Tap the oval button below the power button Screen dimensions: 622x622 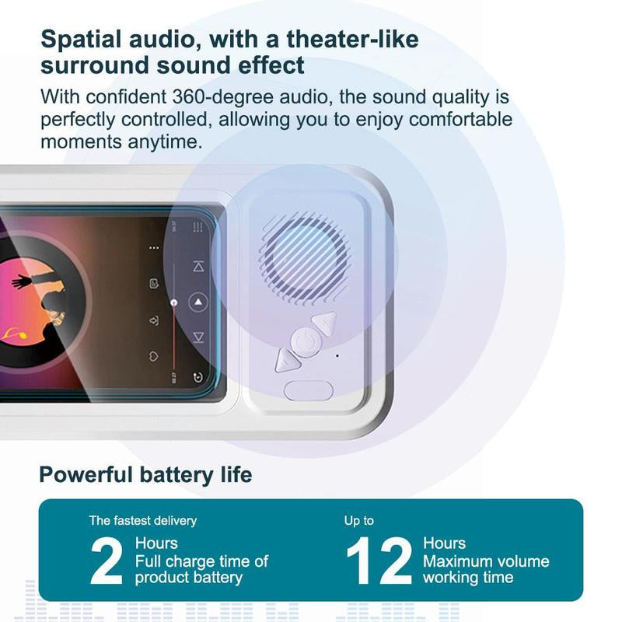pos(308,390)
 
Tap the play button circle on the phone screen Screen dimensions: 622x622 pos(198,302)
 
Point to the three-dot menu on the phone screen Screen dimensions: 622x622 pos(154,248)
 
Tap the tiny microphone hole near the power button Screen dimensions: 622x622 pos(337,355)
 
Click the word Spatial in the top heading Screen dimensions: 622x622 pos(85,39)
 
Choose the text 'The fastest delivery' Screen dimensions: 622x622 pos(142,520)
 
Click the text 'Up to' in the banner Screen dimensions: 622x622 pos(359,520)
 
